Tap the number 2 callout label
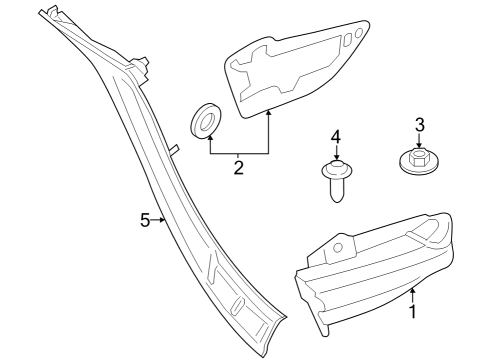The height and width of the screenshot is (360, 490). (x=239, y=168)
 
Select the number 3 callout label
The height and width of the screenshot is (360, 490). (x=420, y=124)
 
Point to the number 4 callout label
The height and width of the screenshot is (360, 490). (x=336, y=136)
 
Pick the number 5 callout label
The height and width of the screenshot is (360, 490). (x=145, y=220)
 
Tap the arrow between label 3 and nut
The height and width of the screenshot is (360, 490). (x=420, y=141)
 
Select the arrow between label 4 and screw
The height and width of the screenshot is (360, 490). (x=336, y=151)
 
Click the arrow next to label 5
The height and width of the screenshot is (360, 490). (x=159, y=220)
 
